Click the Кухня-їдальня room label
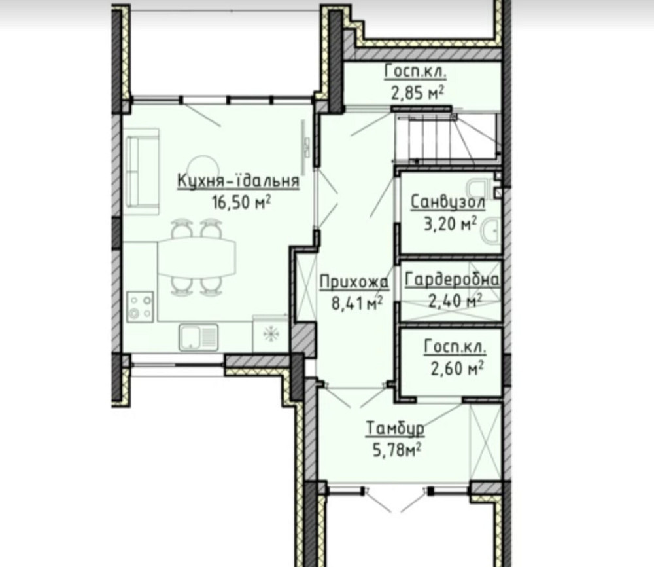[239, 181]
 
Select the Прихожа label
[354, 282]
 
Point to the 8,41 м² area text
[357, 303]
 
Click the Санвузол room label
[448, 202]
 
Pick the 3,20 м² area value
[451, 224]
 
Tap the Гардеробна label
[452, 280]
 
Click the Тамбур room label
[396, 429]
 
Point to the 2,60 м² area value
[457, 369]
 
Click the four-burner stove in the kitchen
[140, 307]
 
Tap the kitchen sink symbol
[199, 337]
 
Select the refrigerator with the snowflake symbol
[270, 333]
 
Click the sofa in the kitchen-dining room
[143, 171]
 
